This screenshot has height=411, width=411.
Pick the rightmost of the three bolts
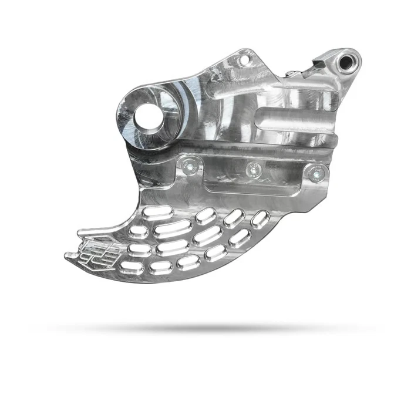(315, 173)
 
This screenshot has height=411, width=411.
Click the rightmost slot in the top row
(258, 218)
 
